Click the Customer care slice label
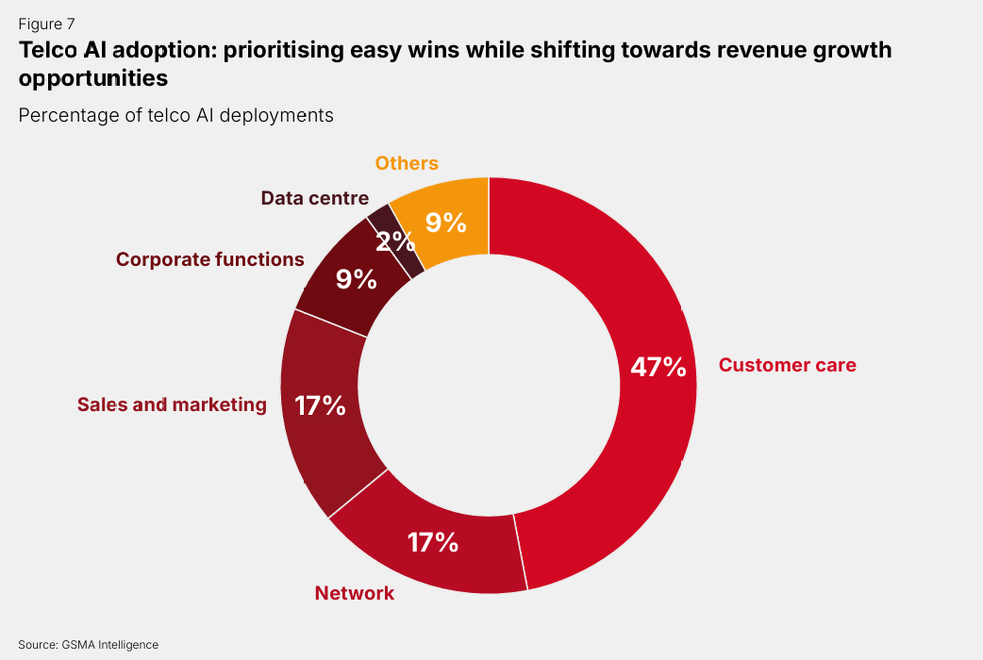point(787,365)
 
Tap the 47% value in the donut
point(658,367)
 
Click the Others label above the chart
point(407,163)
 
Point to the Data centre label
point(314,198)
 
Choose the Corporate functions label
point(209,258)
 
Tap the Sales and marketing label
point(172,404)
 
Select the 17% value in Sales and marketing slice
point(320,405)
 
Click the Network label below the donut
point(355,593)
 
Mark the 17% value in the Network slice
point(433,542)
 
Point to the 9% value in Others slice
point(445,223)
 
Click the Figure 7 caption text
point(45,25)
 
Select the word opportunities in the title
point(92,78)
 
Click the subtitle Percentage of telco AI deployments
point(175,115)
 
